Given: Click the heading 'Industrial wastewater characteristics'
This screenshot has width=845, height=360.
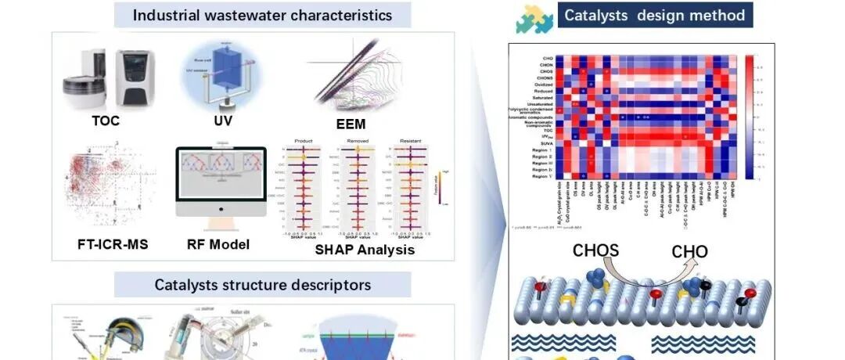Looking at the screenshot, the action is pos(262,15).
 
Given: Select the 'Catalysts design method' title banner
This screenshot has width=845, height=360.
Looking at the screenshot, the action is pos(655,15).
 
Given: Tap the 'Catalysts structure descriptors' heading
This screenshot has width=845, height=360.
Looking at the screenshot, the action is pos(262,284).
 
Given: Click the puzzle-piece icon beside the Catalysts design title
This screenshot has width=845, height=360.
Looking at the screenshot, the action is pos(534,18).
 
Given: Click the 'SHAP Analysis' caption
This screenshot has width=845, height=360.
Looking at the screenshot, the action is pos(354,250).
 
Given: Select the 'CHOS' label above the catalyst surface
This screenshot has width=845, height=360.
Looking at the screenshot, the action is pos(595,251).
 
